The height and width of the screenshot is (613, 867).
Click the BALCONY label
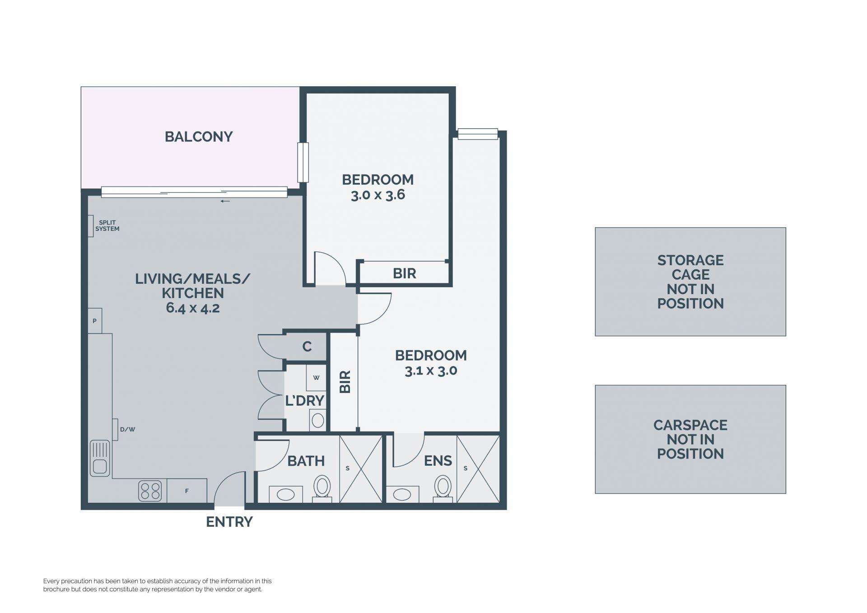click(199, 136)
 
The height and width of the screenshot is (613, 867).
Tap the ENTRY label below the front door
click(229, 522)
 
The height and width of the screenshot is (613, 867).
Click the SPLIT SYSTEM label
click(107, 226)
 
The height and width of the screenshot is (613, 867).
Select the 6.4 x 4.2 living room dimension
click(193, 308)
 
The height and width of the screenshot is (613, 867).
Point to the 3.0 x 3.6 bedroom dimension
click(378, 195)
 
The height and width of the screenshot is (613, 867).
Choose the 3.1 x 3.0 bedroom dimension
click(431, 371)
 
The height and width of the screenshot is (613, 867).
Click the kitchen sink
click(100, 458)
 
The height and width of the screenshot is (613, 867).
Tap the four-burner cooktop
click(150, 491)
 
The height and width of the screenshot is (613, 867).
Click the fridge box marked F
click(187, 491)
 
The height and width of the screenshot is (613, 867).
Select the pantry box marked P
click(95, 321)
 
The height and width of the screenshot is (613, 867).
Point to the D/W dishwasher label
click(128, 430)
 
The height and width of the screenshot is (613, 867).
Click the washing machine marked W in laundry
click(316, 378)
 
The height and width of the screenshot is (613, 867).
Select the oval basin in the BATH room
click(286, 495)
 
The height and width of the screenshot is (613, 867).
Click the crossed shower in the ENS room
click(478, 468)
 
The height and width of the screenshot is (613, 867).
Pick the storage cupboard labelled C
click(306, 347)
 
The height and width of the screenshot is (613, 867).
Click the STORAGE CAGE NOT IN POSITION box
click(690, 281)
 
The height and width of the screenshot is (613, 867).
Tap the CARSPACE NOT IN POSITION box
click(690, 439)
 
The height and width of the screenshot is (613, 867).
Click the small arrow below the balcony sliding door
click(225, 201)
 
